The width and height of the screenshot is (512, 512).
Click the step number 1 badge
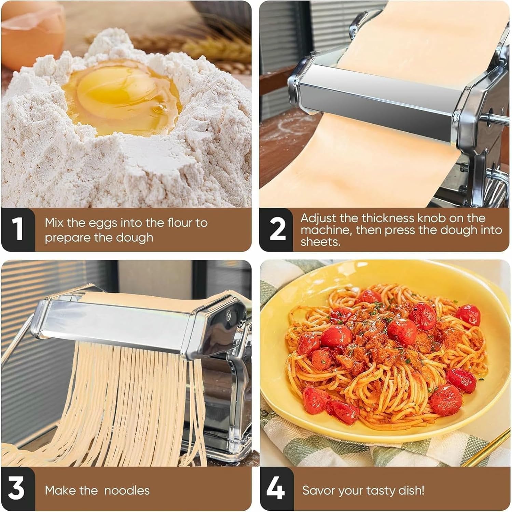click(x=18, y=229)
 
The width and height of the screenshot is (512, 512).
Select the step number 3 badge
click(x=17, y=489)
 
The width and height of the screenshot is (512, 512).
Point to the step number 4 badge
click(x=276, y=489)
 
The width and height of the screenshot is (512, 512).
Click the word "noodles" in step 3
click(x=127, y=490)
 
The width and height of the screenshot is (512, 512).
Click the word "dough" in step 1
click(x=136, y=238)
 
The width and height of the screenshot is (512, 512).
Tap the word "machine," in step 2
click(x=326, y=230)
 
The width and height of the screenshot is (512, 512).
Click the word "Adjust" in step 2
click(x=319, y=218)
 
